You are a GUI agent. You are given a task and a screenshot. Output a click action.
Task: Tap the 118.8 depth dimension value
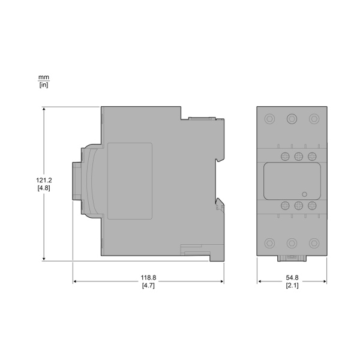pos(148,277)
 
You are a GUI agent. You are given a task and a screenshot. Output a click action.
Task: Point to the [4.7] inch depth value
pos(148,286)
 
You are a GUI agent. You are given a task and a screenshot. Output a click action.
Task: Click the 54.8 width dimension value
pos(292,277)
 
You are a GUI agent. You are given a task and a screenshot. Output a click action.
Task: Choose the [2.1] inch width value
pos(292,286)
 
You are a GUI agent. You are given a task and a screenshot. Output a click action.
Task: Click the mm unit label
pos(44,77)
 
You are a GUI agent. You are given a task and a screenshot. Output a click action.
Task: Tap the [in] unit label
pos(44,85)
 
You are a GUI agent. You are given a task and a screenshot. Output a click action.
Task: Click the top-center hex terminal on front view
pos(292,118)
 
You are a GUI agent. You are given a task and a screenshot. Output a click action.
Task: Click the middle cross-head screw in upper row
pos(298,157)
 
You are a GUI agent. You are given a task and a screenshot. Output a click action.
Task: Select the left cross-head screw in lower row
pos(285,206)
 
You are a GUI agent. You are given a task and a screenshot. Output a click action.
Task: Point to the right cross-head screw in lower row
pos(311,206)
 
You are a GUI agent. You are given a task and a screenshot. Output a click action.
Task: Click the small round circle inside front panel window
pos(304,194)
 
